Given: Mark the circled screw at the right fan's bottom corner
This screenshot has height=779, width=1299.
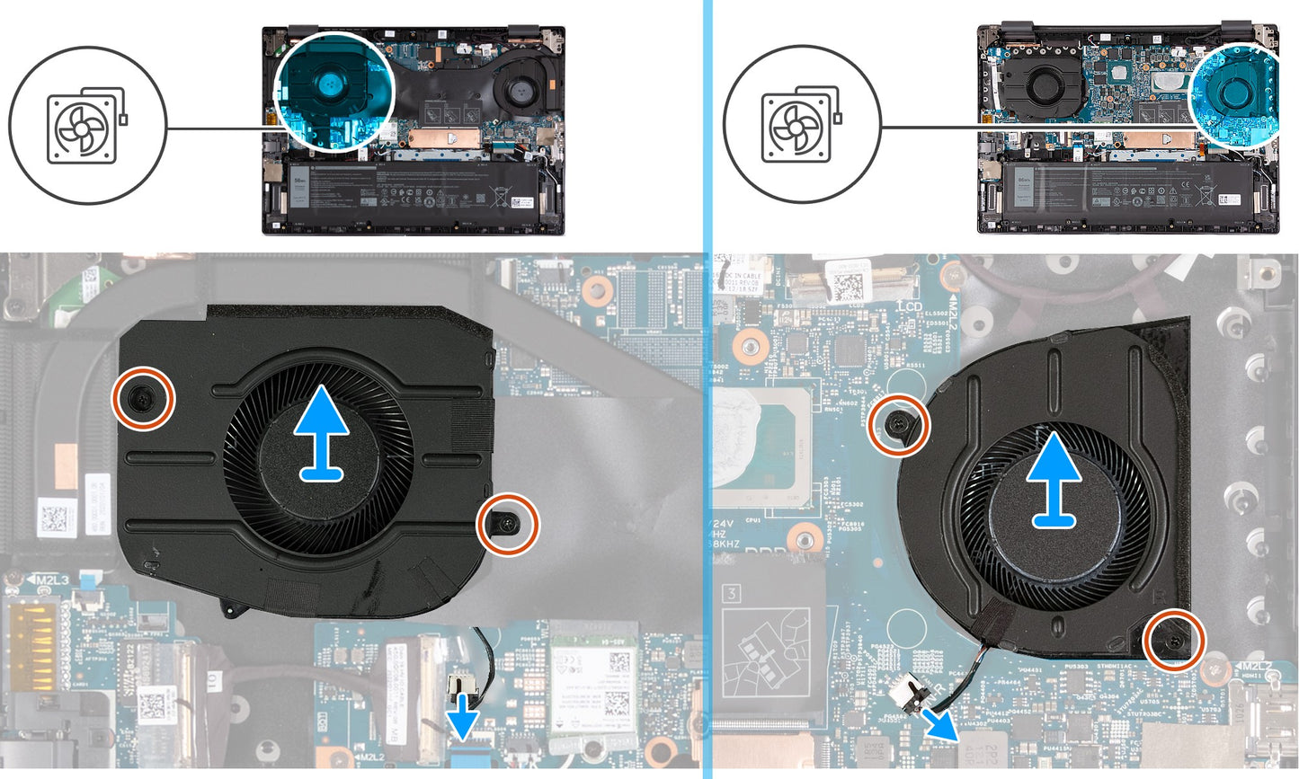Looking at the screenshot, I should [x=1173, y=639].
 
